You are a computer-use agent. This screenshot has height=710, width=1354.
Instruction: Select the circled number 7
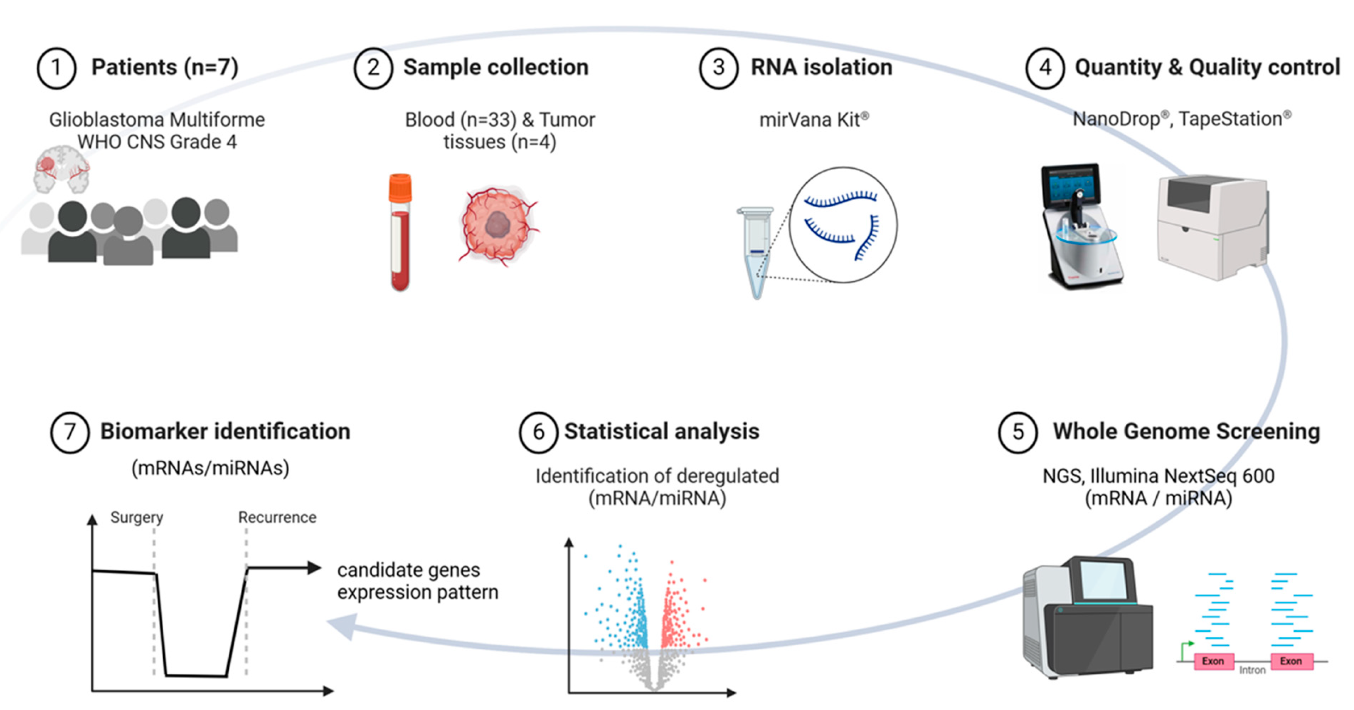(x=70, y=432)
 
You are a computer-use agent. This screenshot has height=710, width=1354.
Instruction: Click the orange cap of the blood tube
(x=400, y=188)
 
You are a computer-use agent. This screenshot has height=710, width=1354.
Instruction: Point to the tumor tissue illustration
(x=497, y=225)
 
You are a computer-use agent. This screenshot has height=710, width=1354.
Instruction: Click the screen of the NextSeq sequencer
(x=1103, y=578)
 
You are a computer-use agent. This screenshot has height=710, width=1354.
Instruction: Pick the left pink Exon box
(x=1213, y=661)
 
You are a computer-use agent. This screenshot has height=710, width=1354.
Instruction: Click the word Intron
(x=1252, y=670)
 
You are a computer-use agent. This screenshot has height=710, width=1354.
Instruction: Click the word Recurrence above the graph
(x=277, y=517)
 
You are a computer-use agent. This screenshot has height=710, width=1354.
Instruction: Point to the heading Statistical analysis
(x=661, y=431)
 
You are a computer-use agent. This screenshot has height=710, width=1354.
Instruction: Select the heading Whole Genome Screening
(x=1186, y=431)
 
